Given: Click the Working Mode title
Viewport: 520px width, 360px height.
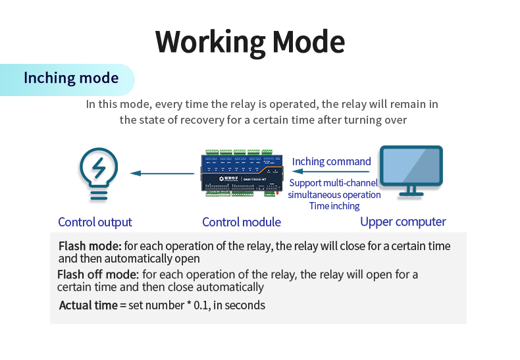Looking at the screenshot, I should pyautogui.click(x=250, y=42).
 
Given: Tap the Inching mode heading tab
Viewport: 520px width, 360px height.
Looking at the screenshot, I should pyautogui.click(x=71, y=78).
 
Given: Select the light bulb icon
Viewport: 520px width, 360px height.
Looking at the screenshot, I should pyautogui.click(x=98, y=174).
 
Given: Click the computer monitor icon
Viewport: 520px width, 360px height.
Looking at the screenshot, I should pyautogui.click(x=413, y=170).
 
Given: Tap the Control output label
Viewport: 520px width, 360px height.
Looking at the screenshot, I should pyautogui.click(x=95, y=222).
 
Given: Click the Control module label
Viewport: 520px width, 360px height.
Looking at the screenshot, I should pyautogui.click(x=242, y=222).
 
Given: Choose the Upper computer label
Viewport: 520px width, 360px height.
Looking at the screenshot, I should pyautogui.click(x=403, y=222).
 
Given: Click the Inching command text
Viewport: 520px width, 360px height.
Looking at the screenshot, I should pyautogui.click(x=332, y=161).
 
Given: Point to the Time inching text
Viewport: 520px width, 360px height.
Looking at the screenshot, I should pyautogui.click(x=334, y=206).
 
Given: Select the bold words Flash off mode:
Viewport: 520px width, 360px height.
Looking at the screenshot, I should pyautogui.click(x=98, y=274).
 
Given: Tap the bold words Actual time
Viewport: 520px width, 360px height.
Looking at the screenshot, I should pyautogui.click(x=88, y=305).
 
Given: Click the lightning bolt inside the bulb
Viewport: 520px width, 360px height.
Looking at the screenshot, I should pyautogui.click(x=99, y=168).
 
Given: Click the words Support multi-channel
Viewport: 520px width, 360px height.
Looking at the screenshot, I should pyautogui.click(x=334, y=183).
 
